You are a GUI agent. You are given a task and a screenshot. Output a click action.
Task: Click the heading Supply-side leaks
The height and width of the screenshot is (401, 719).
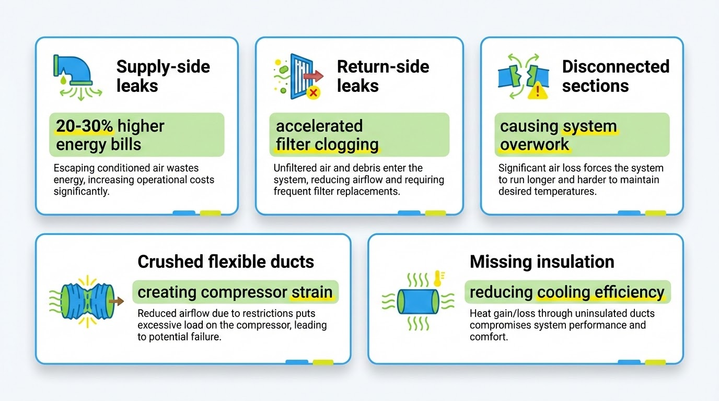pos(163,76)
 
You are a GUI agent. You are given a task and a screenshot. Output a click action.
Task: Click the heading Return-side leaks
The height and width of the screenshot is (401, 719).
pos(383,76)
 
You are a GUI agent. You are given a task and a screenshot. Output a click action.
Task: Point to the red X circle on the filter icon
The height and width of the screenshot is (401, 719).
pos(314,93)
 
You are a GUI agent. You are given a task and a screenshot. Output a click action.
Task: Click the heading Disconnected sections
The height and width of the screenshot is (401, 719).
pos(616,76)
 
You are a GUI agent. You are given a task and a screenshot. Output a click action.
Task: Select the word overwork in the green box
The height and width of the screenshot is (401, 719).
pos(535,144)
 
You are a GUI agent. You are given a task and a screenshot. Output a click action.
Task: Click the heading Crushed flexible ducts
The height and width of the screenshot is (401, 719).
pos(226,262)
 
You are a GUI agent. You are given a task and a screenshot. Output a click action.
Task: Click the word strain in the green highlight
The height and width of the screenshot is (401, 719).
pos(312,292)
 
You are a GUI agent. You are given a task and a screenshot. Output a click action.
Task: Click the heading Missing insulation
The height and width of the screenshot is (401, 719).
pos(542,262)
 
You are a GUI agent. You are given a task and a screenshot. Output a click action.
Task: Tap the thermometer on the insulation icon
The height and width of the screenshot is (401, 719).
pos(436,279)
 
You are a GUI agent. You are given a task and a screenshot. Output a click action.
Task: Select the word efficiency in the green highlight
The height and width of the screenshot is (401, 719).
pos(630,292)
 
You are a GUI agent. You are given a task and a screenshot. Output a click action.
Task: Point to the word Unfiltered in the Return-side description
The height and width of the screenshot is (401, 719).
pos(296,168)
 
